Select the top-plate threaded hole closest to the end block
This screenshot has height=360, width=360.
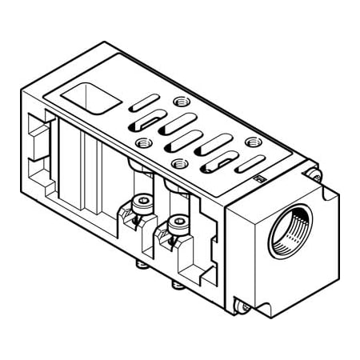pyautogui.click(x=254, y=142)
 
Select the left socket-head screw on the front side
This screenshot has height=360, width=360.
pyautogui.click(x=142, y=202)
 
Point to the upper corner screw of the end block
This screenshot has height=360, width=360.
pyautogui.click(x=314, y=174)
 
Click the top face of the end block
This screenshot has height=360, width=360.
pyautogui.click(x=280, y=179)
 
